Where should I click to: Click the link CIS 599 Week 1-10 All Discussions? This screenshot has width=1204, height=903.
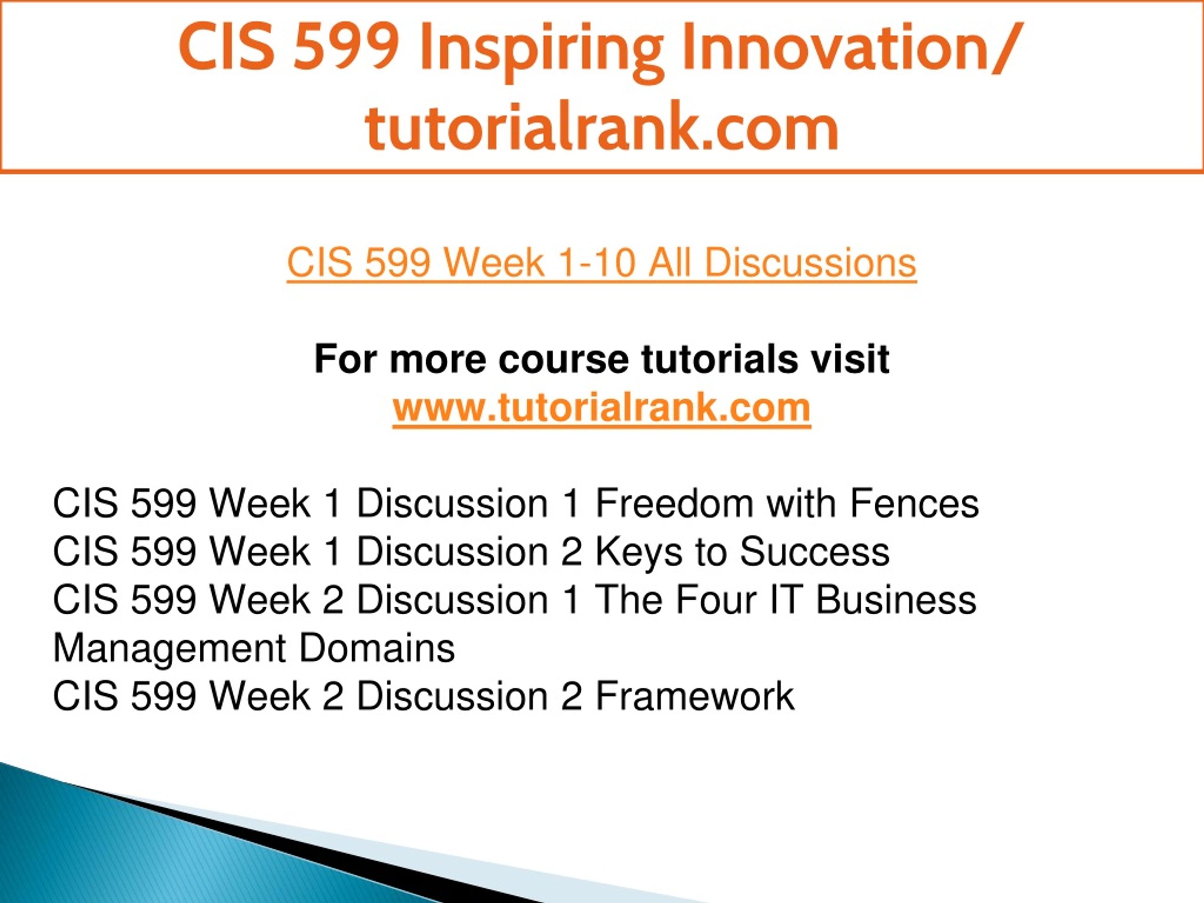click(602, 263)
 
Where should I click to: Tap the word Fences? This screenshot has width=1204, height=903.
click(914, 504)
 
